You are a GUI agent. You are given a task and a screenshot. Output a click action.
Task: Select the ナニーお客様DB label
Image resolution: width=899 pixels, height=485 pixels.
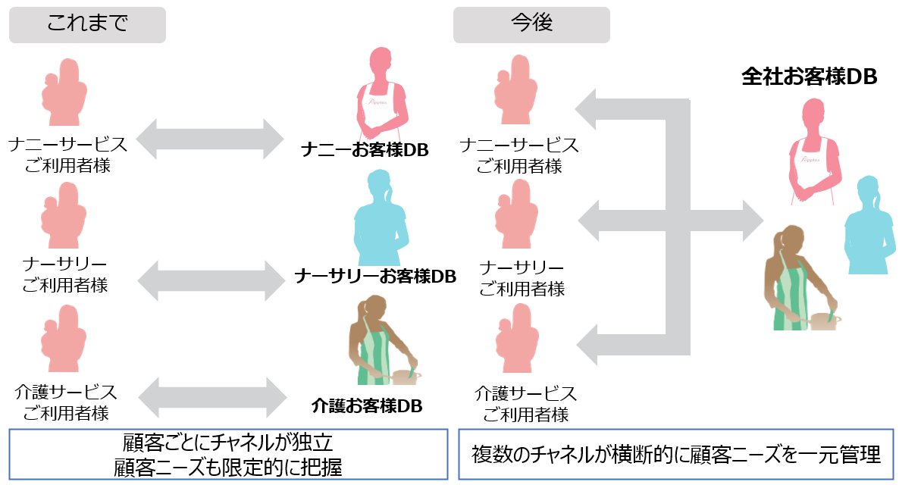[x=365, y=150]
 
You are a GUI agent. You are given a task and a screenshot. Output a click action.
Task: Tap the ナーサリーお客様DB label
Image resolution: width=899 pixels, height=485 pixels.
[x=375, y=276]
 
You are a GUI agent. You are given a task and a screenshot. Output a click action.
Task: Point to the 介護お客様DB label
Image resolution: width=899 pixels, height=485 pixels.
[x=367, y=405]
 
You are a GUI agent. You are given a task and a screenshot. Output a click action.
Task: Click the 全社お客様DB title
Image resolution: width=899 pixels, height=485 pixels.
[x=809, y=77]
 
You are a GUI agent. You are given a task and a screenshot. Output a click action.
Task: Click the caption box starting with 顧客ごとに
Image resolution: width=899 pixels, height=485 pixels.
[x=227, y=455]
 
